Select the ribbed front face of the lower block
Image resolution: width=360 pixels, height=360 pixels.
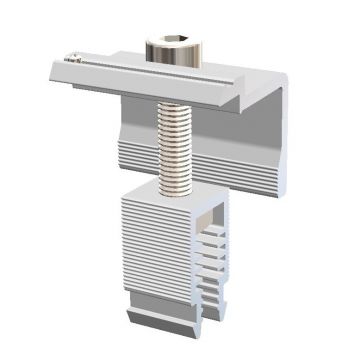click(x=155, y=245)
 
